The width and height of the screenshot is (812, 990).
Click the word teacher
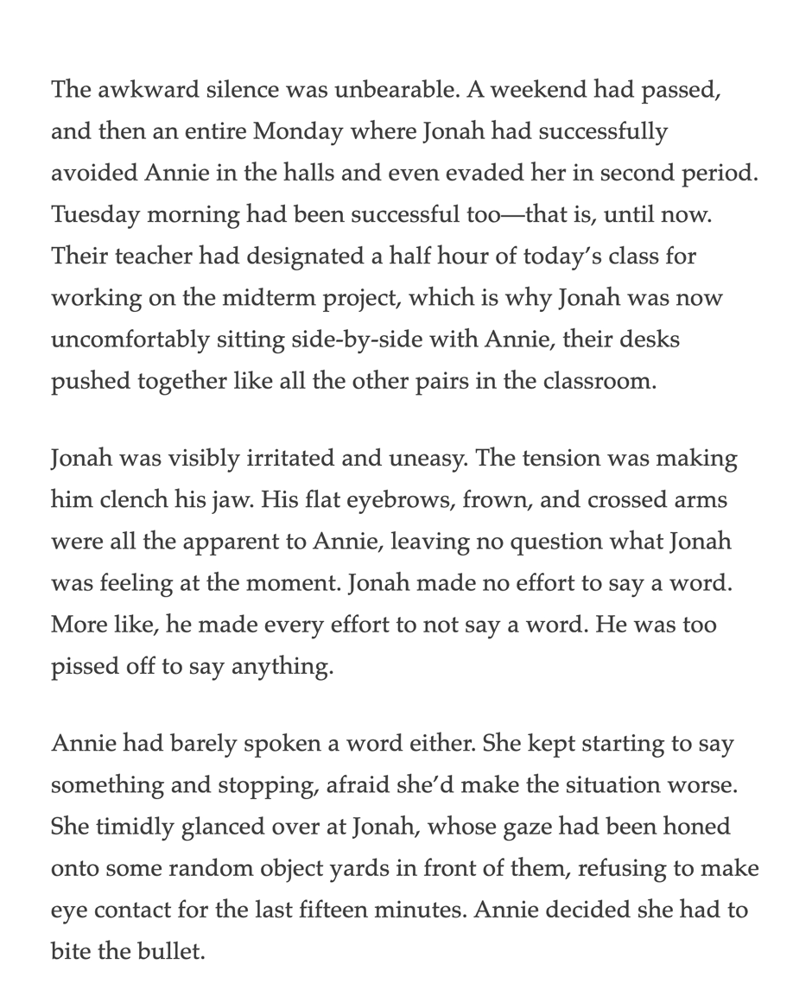click(x=151, y=257)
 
